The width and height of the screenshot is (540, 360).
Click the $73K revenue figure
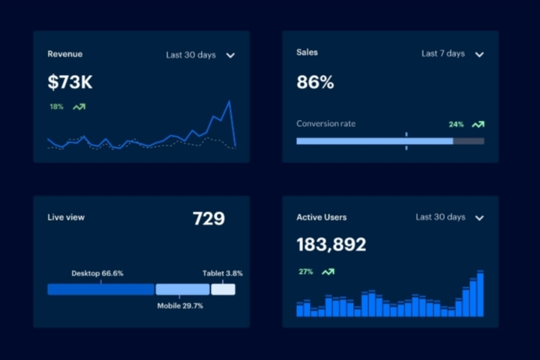70,82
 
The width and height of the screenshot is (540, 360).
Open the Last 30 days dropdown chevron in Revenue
230,55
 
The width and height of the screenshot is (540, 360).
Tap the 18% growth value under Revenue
56,107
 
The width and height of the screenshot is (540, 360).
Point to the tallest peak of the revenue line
229,101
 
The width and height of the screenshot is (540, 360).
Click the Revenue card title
64,54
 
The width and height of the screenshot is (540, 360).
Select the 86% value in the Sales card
315,82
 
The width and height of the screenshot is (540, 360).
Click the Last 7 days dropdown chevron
479,55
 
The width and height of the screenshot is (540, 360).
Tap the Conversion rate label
325,124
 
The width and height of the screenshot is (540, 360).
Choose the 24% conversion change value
456,124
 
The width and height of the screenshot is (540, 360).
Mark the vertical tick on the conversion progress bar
406,141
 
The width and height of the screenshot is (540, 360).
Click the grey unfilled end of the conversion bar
469,141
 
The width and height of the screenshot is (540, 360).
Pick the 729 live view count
208,219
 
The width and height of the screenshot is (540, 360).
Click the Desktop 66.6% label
97,274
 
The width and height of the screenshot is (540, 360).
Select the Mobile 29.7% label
180,306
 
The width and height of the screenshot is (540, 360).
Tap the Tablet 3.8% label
223,274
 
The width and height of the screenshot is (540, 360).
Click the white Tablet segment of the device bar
223,289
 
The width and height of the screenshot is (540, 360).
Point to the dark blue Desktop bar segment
100,289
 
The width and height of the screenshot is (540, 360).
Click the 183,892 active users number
331,244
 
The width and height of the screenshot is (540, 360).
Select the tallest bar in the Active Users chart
480,294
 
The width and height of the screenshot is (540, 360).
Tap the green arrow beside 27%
328,271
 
